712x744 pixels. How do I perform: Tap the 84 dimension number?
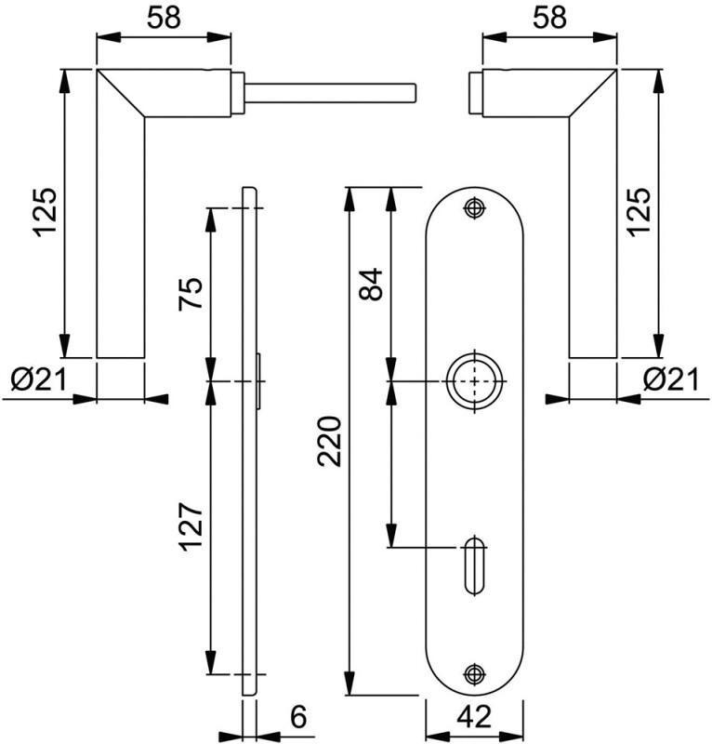(x=371, y=285)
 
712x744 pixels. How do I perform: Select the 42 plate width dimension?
(x=476, y=717)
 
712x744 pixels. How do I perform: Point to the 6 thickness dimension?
(x=297, y=717)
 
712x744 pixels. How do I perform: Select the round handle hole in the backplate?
(x=475, y=381)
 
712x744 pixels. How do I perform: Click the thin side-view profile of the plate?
(x=248, y=521)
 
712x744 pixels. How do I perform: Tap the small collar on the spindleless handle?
(x=474, y=93)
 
